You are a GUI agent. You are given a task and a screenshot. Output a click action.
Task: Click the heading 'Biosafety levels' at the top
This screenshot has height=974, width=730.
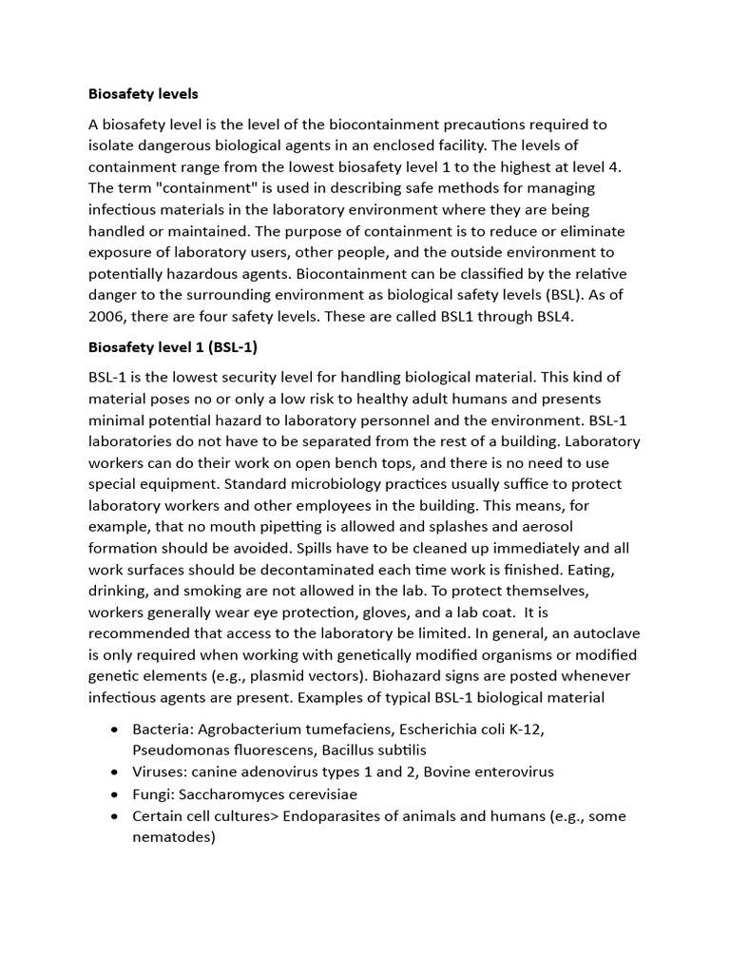[144, 94]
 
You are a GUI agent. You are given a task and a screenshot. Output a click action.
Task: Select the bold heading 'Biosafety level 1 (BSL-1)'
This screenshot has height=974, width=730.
[173, 346]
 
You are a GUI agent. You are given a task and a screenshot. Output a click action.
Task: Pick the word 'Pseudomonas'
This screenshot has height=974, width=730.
[180, 750]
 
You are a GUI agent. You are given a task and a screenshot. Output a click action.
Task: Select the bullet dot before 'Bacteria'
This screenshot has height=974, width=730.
[115, 730]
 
